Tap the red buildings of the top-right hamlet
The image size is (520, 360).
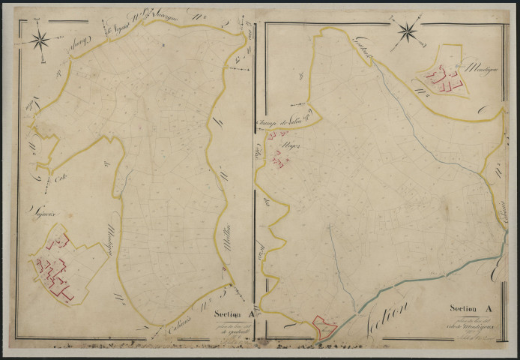click(x=442, y=79)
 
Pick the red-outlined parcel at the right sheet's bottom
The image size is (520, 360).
click(x=324, y=325)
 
